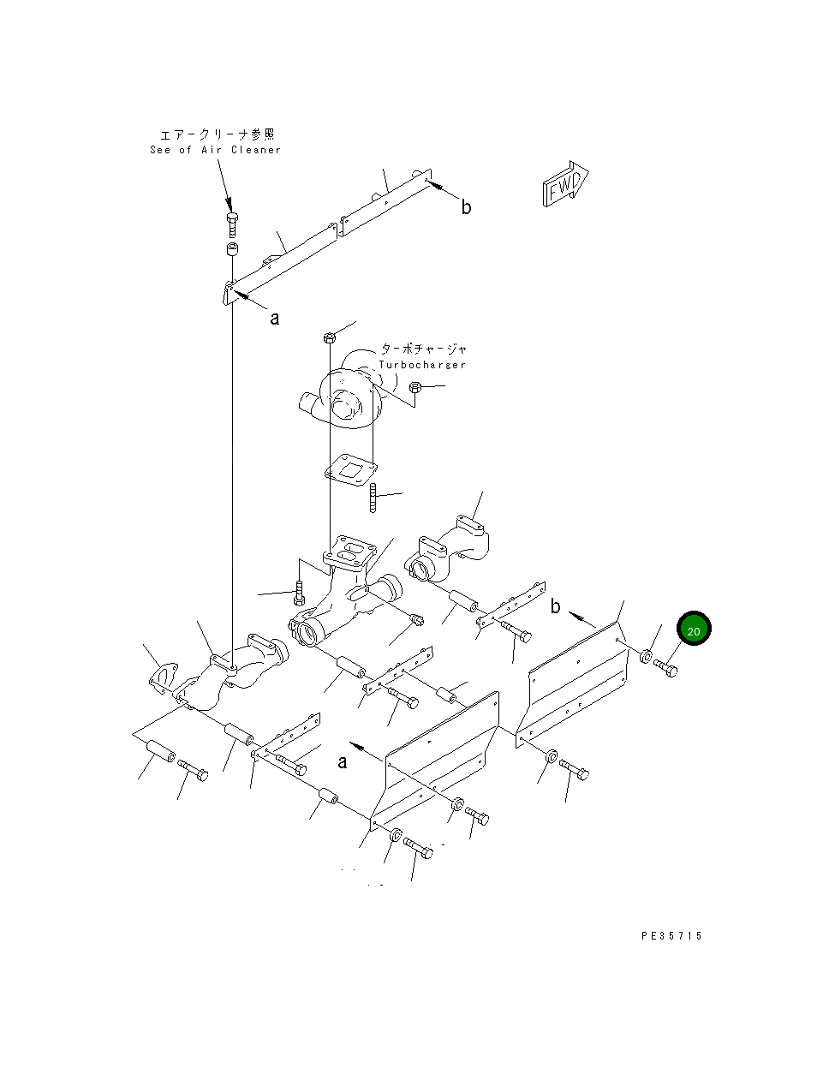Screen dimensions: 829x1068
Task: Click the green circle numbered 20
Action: coord(694,628)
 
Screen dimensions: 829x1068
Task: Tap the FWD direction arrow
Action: coord(565,184)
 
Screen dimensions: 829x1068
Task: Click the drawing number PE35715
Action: coord(671,936)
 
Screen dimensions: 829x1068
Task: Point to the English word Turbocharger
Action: coord(422,365)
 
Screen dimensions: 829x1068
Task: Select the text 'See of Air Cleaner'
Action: coord(215,150)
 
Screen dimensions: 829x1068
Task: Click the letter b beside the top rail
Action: coord(466,207)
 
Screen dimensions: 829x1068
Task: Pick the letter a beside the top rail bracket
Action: coord(275,319)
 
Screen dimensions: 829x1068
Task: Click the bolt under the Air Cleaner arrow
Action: coord(232,224)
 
